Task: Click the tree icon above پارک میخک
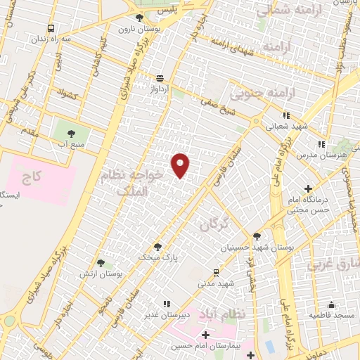pos(157,247)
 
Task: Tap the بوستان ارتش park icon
pos(101,262)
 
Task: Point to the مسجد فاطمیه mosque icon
pos(331,305)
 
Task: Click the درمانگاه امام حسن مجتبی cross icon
pos(308,188)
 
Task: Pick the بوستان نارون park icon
pos(139,18)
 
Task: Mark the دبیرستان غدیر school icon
pos(167,304)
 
